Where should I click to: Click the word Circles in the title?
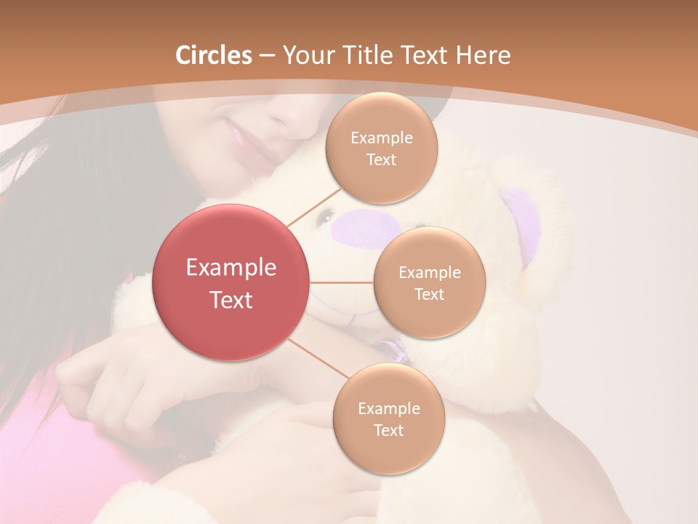tap(214, 55)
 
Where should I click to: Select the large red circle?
tap(230, 282)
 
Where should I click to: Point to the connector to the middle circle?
tap(341, 282)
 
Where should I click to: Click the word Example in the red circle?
tap(230, 268)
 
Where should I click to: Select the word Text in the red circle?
tap(230, 300)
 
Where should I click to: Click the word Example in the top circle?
tap(382, 138)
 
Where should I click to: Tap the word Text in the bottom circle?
tap(388, 430)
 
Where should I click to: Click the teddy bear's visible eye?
tap(328, 215)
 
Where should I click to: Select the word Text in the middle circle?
tap(429, 295)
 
